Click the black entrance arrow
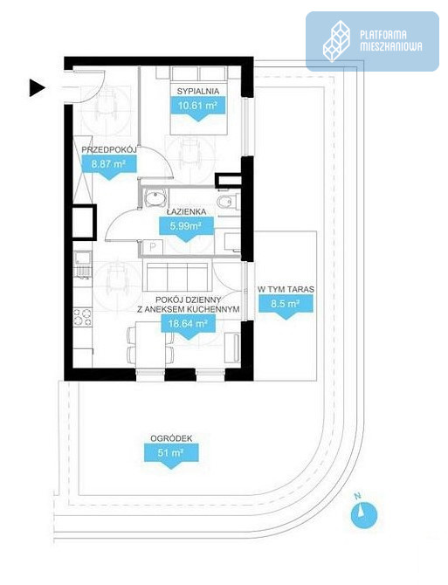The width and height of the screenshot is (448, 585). [x=37, y=88]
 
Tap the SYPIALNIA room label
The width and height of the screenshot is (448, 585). [x=197, y=91]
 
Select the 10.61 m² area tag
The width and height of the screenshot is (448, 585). [x=198, y=108]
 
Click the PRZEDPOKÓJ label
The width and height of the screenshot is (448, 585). [x=108, y=149]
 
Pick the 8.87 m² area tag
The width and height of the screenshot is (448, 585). [x=108, y=167]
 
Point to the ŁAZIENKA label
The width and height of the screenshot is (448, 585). [x=186, y=211]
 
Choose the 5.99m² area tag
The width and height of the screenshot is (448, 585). [x=186, y=229]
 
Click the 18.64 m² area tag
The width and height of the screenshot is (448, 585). [x=188, y=326]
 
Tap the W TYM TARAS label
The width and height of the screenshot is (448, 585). [x=286, y=289]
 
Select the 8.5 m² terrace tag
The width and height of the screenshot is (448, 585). [x=286, y=306]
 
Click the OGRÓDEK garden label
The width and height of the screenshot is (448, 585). [x=171, y=438]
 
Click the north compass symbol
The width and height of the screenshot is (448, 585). [x=363, y=514]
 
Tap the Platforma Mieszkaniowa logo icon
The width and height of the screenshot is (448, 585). [x=336, y=41]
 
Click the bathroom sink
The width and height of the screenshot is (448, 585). [x=155, y=197]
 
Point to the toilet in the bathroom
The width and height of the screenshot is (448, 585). [x=226, y=202]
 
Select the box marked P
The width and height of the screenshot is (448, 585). [x=154, y=247]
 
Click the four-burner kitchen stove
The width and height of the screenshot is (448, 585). [x=82, y=316]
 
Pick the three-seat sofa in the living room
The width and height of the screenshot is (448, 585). [x=176, y=277]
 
